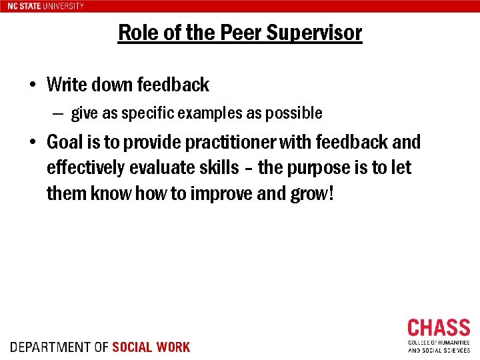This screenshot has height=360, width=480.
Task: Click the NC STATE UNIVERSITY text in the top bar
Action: (46, 6)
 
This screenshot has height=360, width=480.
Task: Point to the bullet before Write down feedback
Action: (32, 85)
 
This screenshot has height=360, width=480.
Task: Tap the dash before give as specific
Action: (58, 113)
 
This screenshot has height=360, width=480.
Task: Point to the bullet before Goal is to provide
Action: (32, 143)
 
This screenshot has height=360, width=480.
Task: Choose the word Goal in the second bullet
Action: (65, 142)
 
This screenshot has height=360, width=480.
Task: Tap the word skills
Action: (216, 168)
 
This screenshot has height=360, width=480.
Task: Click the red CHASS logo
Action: (439, 328)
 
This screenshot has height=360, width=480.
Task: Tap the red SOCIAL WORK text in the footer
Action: (151, 347)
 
